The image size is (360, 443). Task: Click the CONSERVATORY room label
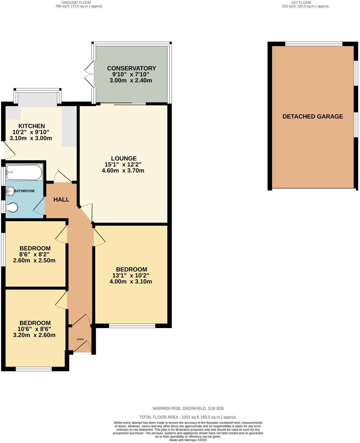tap(131, 68)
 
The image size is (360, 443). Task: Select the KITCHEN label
tap(32, 126)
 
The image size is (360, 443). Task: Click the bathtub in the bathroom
tap(24, 172)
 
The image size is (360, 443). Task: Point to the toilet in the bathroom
tap(12, 207)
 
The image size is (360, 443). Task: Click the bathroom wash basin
tap(10, 191)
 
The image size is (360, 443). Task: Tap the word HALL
tap(61, 199)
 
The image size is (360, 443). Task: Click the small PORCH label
tap(80, 339)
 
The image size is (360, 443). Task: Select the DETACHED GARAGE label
tap(312, 116)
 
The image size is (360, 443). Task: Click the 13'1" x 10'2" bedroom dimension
tap(131, 275)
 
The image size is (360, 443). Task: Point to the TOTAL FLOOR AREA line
tap(188, 417)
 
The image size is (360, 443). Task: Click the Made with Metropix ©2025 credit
tap(188, 440)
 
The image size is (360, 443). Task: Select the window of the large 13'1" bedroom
tap(132, 326)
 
